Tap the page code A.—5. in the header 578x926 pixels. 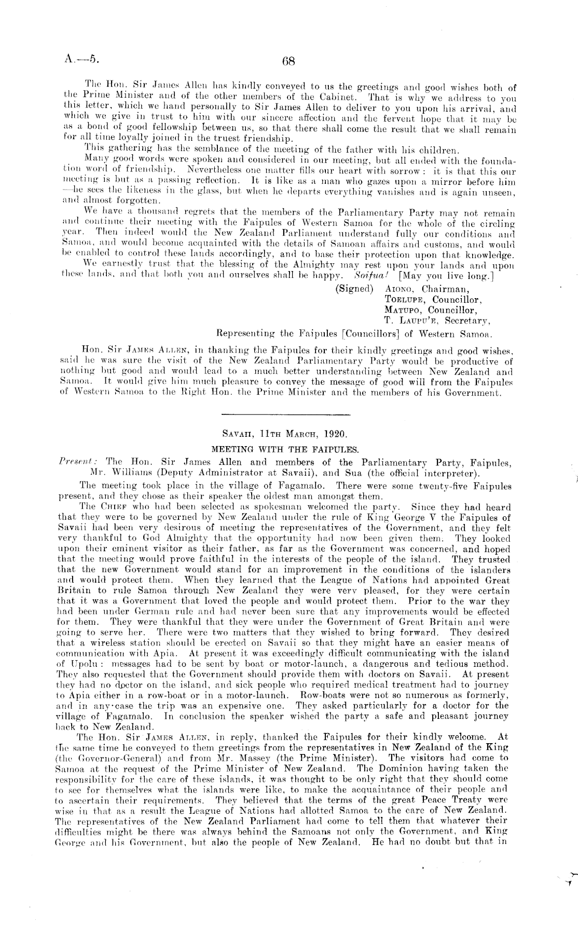click(81, 60)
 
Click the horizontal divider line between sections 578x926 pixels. click(286, 414)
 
